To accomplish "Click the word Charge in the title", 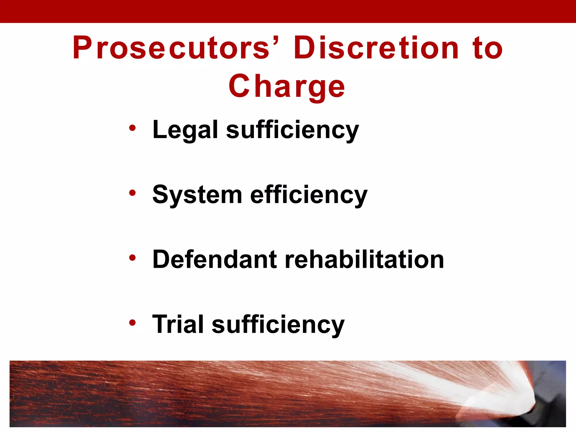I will [287, 87].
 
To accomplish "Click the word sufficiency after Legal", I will [292, 130].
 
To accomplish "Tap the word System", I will [197, 195].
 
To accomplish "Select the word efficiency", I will [309, 195].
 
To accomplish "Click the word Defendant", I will [215, 259].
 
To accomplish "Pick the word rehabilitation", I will [364, 259].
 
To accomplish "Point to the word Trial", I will [178, 324].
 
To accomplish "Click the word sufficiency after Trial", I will [278, 325].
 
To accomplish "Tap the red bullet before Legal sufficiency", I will [132, 128].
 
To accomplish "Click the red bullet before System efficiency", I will [132, 193].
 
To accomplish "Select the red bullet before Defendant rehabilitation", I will [132, 258].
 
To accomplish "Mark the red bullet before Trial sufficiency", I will [132, 323].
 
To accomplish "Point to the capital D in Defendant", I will [162, 259].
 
